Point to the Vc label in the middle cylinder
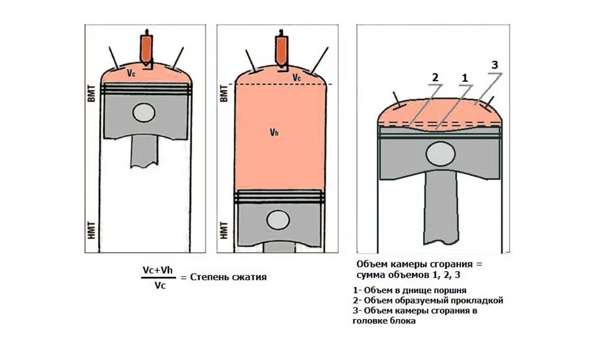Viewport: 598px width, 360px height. pyautogui.click(x=296, y=77)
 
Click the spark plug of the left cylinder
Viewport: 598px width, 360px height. pyautogui.click(x=147, y=47)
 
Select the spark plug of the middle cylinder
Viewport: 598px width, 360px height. pyautogui.click(x=281, y=48)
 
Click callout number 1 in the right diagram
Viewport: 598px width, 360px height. pyautogui.click(x=465, y=78)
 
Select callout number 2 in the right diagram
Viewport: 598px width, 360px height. pyautogui.click(x=435, y=78)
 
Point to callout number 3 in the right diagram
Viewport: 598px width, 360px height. pyautogui.click(x=494, y=65)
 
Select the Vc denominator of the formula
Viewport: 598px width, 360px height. pyautogui.click(x=159, y=284)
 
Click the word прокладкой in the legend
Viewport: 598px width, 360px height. pyautogui.click(x=479, y=301)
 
